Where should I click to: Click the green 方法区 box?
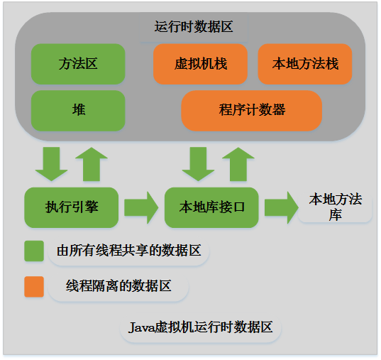[78, 64]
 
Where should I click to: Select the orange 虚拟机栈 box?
[200, 64]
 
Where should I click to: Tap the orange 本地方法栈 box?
[305, 64]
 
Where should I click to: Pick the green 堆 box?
[78, 110]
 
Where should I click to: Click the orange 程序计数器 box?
[252, 110]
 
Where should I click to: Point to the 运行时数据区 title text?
[193, 27]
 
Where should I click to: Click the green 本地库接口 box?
[211, 207]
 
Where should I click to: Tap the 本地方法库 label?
[335, 207]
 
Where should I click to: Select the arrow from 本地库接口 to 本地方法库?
[282, 207]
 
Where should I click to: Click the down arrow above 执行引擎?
[51, 163]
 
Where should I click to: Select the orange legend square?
[34, 286]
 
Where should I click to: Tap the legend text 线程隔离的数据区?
[119, 286]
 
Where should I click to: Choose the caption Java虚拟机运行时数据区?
[201, 327]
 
